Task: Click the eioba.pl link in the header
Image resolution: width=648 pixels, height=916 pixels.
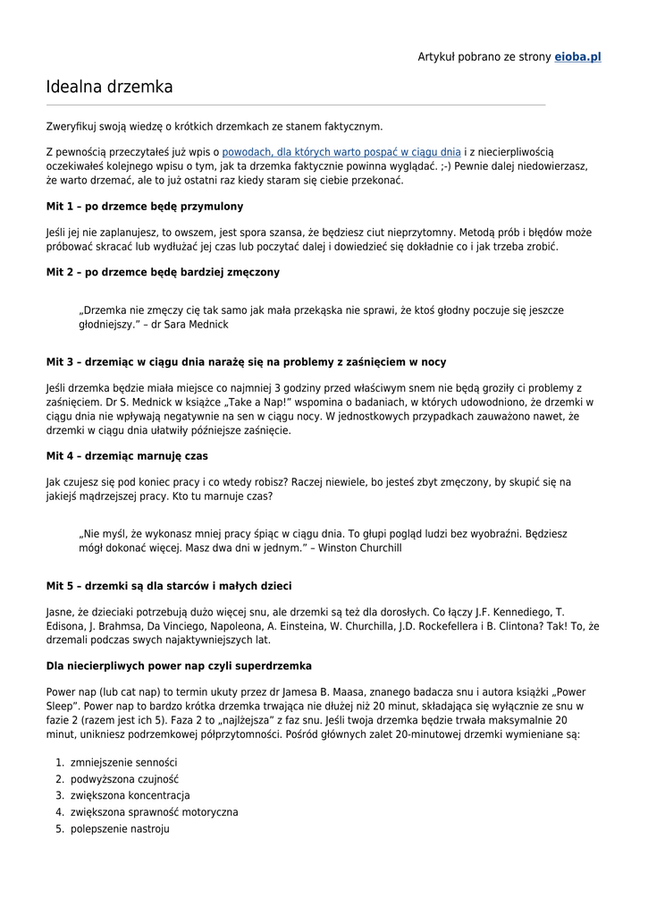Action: pos(577,56)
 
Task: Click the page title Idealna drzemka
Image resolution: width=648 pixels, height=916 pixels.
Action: pos(109,88)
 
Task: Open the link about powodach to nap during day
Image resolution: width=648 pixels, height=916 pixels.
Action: pos(341,153)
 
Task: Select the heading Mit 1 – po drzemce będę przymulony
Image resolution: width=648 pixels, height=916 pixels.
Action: pos(144,207)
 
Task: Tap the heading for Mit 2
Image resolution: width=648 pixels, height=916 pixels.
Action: pos(162,272)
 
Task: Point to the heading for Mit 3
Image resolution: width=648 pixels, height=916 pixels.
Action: pos(246,362)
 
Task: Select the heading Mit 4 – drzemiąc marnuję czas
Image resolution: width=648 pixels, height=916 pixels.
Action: pos(126,456)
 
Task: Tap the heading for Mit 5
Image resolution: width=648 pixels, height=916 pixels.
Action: pos(168,587)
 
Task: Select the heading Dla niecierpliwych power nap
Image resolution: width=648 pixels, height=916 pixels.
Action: pos(179,666)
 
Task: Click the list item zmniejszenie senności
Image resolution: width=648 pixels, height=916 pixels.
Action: pos(123,762)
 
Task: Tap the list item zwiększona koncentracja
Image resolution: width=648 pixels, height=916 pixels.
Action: pos(130,795)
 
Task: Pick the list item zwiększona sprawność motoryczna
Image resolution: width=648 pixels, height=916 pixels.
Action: pos(154,812)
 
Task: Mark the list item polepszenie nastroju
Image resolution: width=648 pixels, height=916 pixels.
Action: pos(120,829)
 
